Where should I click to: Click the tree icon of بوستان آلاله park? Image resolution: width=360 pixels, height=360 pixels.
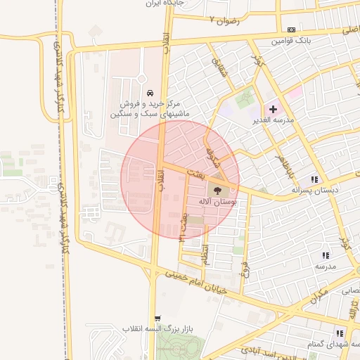(x=216, y=189)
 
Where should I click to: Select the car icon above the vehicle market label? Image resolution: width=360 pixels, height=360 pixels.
(x=150, y=94)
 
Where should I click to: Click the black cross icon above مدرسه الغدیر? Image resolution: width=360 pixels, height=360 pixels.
(x=273, y=109)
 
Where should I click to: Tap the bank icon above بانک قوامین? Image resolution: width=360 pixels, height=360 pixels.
(x=292, y=30)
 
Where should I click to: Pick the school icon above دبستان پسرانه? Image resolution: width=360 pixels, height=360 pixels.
(x=314, y=179)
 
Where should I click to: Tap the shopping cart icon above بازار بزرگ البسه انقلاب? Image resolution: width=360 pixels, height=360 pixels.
(x=157, y=319)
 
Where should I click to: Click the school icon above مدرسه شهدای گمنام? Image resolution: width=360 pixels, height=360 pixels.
(x=340, y=333)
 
